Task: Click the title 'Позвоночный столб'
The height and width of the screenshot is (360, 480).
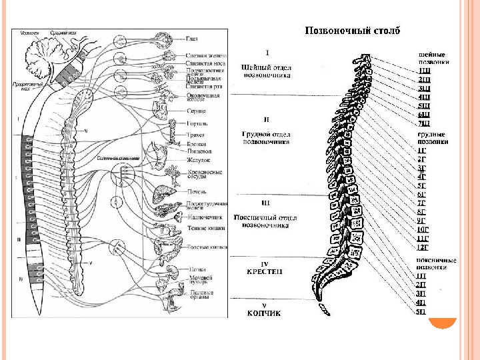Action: pyautogui.click(x=353, y=31)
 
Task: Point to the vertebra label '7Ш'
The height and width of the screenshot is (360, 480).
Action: pyautogui.click(x=424, y=123)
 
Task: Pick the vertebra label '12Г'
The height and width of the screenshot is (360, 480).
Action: pyautogui.click(x=423, y=247)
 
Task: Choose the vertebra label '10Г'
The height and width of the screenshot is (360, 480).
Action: pyautogui.click(x=423, y=230)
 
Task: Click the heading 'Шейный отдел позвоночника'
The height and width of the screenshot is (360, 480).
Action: pyautogui.click(x=267, y=72)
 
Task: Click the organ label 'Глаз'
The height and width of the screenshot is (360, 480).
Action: pyautogui.click(x=192, y=39)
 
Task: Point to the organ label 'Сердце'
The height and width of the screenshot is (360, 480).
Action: pyautogui.click(x=197, y=111)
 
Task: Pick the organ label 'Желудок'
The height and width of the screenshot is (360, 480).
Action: pyautogui.click(x=199, y=160)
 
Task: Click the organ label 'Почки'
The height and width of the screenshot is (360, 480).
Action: pyautogui.click(x=195, y=268)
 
